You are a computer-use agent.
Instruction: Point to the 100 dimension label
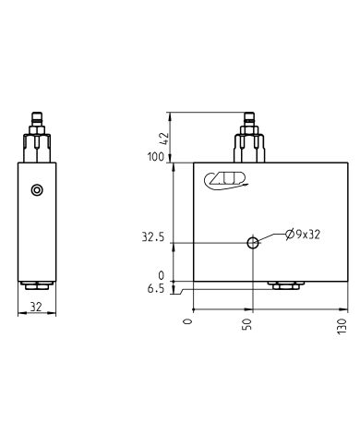tap(153, 157)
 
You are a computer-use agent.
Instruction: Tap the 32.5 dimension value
tap(152, 237)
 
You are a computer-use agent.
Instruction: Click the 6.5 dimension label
tap(154, 289)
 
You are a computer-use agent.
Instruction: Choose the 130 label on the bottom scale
tap(342, 325)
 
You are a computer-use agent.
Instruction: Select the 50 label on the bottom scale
tap(247, 325)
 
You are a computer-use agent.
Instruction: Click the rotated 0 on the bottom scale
tap(187, 320)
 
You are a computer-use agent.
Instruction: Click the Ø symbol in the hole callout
tap(289, 235)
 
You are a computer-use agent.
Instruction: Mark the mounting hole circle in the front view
tap(252, 243)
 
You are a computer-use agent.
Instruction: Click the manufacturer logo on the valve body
tap(226, 181)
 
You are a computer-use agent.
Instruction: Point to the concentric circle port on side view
tap(36, 190)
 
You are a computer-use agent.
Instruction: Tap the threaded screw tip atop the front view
tap(248, 120)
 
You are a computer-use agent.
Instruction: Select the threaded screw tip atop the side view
tap(36, 120)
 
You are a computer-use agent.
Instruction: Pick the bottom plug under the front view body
tap(282, 285)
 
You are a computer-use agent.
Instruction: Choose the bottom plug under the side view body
tap(36, 285)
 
